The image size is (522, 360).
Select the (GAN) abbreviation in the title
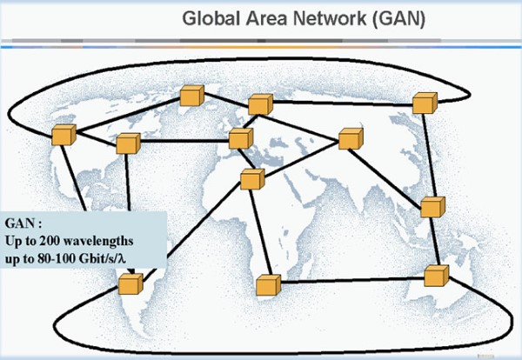pos(388,18)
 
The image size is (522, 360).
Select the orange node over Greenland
pos(189,96)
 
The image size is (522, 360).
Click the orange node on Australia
pos(435,276)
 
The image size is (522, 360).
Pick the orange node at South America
pos(130,283)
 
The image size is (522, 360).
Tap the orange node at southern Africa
pos(267,284)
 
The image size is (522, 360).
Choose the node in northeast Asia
pos(424,103)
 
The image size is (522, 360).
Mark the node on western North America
pos(63,135)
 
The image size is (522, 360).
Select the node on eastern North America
pos(128,144)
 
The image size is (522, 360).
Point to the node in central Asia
pos(350,139)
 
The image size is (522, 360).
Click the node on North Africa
pos(251,179)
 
